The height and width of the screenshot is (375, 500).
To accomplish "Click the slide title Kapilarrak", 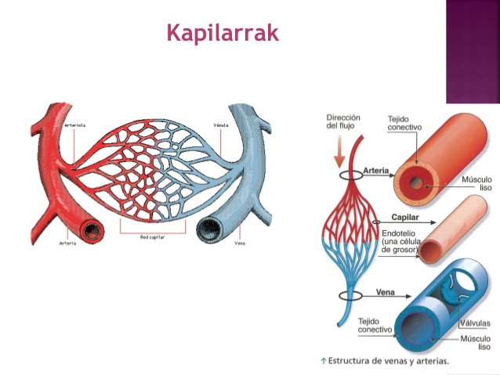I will click(223, 34).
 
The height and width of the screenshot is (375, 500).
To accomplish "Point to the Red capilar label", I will click(154, 236).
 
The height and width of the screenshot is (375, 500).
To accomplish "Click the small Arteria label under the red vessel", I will click(68, 243).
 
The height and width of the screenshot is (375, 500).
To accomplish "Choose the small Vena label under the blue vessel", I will click(240, 243).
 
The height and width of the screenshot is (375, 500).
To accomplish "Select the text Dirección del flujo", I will click(342, 124).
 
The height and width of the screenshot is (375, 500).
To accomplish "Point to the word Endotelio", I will click(398, 233).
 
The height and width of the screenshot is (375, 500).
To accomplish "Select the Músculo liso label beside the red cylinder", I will click(475, 186).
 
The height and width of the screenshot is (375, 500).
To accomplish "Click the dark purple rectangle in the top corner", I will click(473, 52).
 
